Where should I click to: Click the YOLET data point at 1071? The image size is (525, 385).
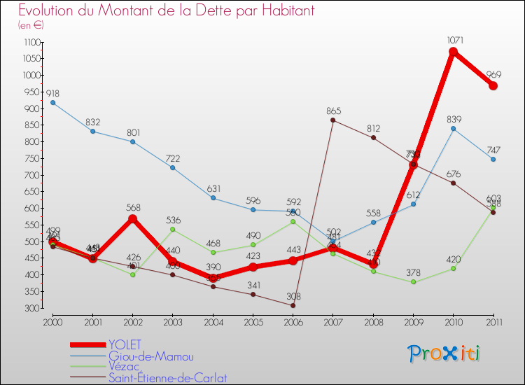[x=453, y=52]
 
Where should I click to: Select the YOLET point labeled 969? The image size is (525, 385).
[x=493, y=85]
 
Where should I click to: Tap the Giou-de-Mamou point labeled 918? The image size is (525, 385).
[x=52, y=102]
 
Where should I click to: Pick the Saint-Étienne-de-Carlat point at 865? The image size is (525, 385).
[x=332, y=120]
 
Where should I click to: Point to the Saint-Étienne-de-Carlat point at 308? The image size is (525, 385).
[x=293, y=305]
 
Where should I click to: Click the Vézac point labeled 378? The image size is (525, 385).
[x=413, y=282]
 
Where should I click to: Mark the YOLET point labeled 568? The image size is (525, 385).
[x=132, y=219]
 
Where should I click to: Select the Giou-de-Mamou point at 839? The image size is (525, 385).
[x=453, y=129]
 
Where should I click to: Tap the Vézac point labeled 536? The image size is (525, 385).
[x=172, y=230]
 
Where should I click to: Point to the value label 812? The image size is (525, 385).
[x=373, y=128]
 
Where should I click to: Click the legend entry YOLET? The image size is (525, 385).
[x=125, y=344]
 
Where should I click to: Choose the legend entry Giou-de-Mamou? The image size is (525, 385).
[x=150, y=356]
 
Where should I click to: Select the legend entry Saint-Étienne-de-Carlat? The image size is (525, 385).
[x=168, y=378]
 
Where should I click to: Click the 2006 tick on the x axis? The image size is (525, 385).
[x=293, y=321]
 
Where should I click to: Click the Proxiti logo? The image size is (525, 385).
[x=444, y=353]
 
